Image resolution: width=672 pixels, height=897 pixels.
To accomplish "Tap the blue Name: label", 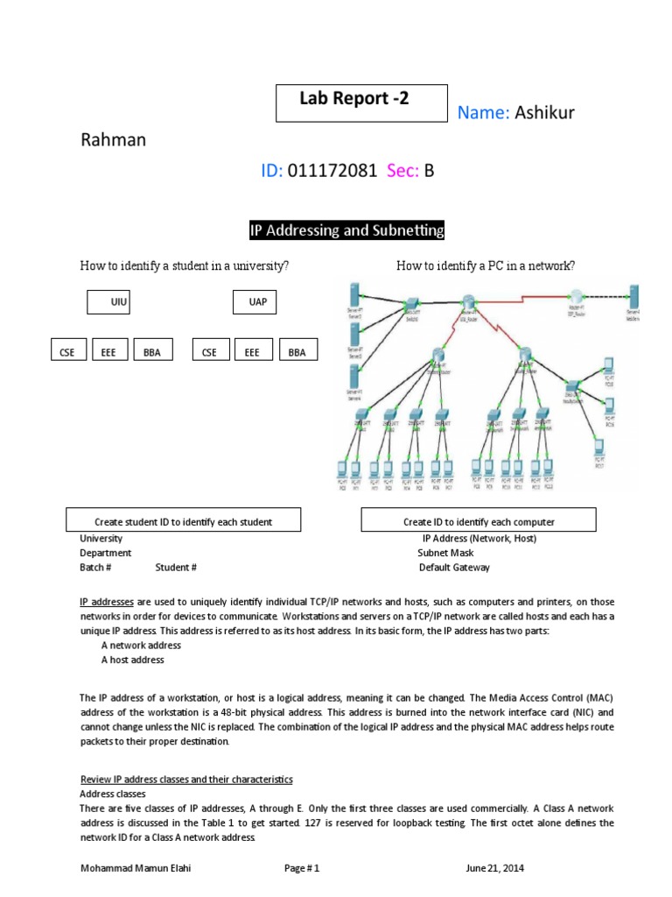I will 484,113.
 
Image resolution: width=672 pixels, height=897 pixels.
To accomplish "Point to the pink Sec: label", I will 403,172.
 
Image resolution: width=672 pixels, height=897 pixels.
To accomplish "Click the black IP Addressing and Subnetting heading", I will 347,230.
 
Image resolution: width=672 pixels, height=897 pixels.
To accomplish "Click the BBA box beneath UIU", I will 152,352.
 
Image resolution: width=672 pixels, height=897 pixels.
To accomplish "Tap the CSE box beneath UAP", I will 209,352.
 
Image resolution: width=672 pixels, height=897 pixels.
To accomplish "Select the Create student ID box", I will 184,521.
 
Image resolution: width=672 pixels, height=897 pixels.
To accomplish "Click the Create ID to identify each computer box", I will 479,521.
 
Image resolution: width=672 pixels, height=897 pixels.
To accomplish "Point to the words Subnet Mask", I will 445,553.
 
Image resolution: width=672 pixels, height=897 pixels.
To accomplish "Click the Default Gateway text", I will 454,567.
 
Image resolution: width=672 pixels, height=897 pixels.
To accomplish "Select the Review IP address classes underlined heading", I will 186,779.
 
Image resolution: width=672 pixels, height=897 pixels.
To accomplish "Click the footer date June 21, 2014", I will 494,868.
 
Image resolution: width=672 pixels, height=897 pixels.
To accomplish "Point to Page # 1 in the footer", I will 302,868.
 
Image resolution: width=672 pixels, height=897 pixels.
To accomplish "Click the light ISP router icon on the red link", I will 575,298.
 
